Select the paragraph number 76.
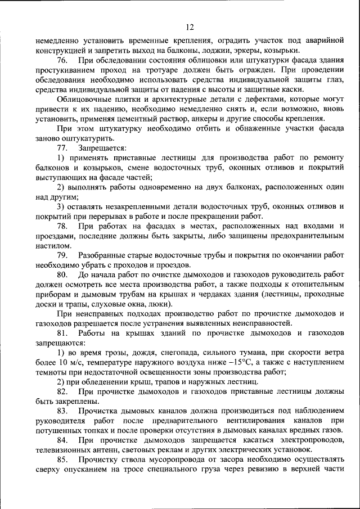tap(62, 59)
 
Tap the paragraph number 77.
tap(62, 147)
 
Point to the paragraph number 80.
tap(62, 274)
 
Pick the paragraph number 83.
tap(62, 412)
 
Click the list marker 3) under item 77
tap(62, 206)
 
